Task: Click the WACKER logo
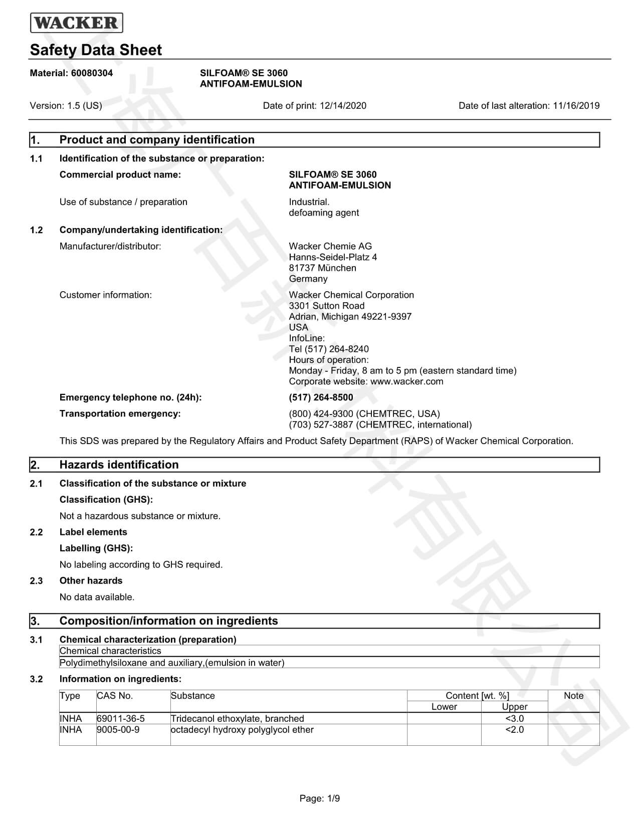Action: [76, 23]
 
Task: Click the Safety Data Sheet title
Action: [96, 50]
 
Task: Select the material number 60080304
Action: [92, 73]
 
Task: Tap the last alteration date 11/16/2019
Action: [576, 106]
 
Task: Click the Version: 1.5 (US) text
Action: [66, 106]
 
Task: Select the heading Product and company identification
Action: [157, 140]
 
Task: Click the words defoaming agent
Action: [324, 213]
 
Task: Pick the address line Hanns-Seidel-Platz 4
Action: [333, 257]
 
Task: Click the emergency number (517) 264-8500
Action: [321, 397]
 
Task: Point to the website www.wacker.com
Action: [406, 381]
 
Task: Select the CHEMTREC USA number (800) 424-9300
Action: [321, 414]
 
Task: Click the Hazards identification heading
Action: [119, 465]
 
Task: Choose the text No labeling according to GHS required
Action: [141, 565]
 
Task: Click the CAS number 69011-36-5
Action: [121, 719]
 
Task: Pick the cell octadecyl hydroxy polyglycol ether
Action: [242, 730]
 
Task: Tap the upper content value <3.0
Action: [514, 719]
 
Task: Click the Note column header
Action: [573, 696]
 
